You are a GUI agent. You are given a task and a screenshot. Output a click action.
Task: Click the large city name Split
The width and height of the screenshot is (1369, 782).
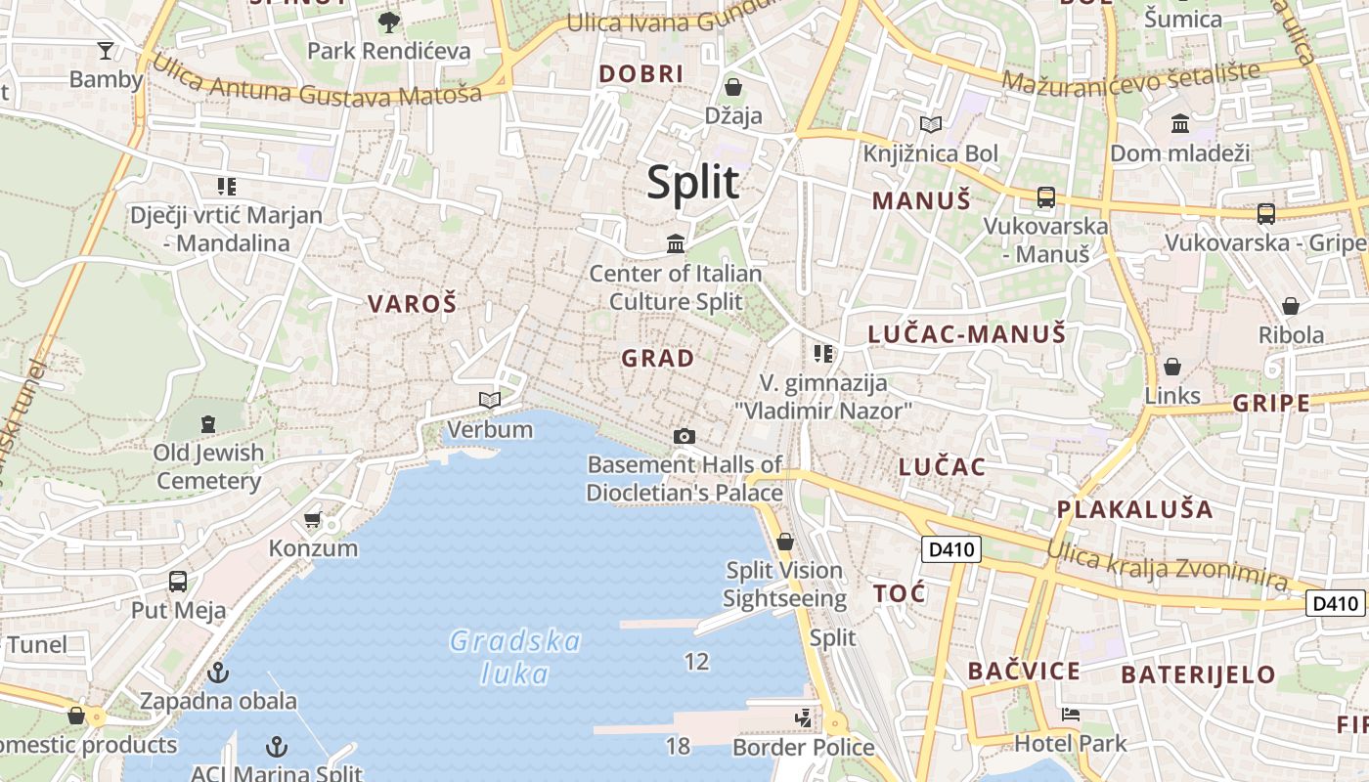click(x=693, y=183)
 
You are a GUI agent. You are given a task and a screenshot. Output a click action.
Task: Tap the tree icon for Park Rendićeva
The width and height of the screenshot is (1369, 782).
click(x=389, y=22)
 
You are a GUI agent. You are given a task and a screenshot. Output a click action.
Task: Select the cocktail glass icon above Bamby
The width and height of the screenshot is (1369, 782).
click(x=106, y=50)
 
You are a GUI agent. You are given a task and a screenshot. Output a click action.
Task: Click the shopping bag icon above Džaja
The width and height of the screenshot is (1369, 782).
click(x=733, y=87)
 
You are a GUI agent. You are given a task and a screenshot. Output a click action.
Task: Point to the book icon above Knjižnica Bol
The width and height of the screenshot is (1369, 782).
click(x=931, y=125)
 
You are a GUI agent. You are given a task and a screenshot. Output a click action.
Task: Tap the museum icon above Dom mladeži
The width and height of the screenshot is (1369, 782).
click(x=1180, y=124)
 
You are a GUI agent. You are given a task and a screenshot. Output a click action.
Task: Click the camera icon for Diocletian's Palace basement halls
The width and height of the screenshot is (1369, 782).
click(x=684, y=436)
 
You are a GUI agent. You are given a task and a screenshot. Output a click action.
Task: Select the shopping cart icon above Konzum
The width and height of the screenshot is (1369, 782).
click(x=313, y=519)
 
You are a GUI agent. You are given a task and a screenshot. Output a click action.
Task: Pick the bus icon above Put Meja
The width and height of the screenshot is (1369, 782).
click(x=178, y=582)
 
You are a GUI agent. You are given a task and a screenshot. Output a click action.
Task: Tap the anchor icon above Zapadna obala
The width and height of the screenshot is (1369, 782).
click(x=218, y=673)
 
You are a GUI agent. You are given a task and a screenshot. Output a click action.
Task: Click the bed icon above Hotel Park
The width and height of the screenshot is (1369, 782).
click(x=1071, y=715)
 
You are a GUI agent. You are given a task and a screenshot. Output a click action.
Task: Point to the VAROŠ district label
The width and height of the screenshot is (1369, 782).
click(x=413, y=304)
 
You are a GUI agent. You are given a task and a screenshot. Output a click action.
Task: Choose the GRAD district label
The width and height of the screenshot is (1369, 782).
click(x=658, y=359)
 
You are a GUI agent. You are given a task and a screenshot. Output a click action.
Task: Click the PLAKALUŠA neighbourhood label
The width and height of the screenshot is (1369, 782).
click(x=1134, y=509)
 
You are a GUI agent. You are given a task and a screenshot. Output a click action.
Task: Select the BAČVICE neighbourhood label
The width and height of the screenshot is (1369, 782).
click(x=1024, y=672)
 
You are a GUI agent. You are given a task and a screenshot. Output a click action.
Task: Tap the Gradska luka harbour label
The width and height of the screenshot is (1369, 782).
click(x=515, y=657)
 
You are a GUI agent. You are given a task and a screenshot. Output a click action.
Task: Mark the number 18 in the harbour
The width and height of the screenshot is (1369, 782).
click(x=678, y=747)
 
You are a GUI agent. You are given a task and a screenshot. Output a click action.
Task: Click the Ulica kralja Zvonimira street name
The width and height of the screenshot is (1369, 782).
click(x=1167, y=565)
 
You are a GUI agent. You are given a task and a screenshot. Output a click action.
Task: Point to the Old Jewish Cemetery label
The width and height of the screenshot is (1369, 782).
click(x=208, y=466)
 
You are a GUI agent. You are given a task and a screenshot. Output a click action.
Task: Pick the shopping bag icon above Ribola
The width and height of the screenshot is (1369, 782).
click(x=1291, y=306)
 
